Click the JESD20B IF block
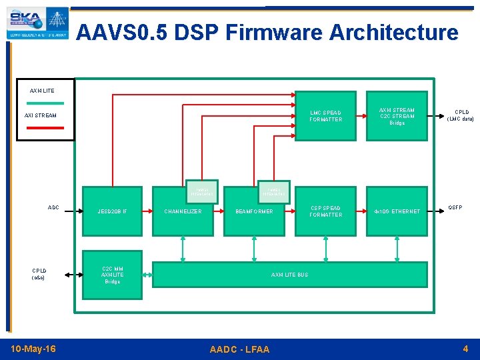click(x=112, y=211)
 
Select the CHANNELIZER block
click(x=183, y=211)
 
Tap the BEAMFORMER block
click(x=253, y=211)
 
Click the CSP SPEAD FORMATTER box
click(x=325, y=211)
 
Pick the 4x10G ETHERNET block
click(x=397, y=211)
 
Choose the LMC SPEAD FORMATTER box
click(x=325, y=116)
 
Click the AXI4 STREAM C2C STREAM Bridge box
click(x=397, y=116)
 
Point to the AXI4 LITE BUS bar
click(x=289, y=275)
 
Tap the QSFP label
click(x=455, y=207)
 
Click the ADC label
click(x=53, y=207)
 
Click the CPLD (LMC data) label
click(x=461, y=115)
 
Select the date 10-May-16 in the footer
click(x=33, y=349)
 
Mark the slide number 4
click(x=465, y=349)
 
